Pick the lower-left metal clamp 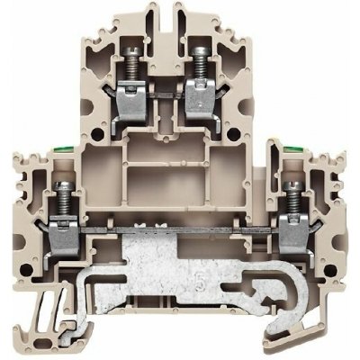68,225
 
